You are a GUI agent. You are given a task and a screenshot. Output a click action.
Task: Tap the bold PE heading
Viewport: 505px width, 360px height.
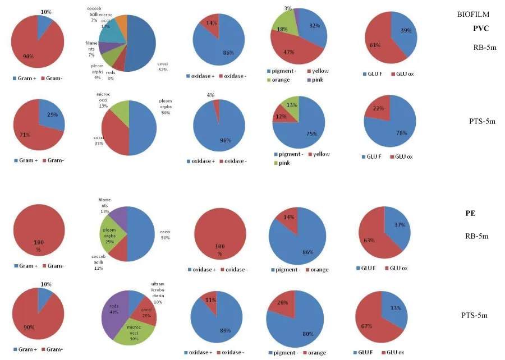coord(470,213)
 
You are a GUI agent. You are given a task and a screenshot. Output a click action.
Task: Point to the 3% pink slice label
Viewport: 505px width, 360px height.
coord(288,8)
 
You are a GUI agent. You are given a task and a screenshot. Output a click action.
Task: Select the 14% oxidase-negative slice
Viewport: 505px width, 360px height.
coord(210,24)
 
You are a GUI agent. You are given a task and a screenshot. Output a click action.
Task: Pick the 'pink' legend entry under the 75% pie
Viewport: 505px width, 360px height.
coord(283,163)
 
